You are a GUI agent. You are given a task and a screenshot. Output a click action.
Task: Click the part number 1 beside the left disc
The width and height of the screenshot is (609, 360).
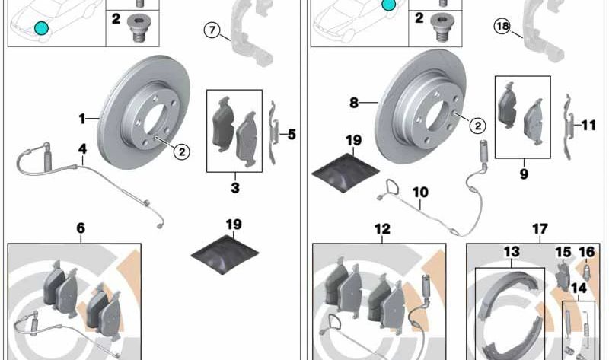click(x=82, y=118)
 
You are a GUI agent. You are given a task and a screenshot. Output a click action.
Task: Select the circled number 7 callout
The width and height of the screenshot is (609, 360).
click(x=212, y=30)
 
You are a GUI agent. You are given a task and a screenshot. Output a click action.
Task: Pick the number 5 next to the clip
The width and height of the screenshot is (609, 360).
click(x=292, y=135)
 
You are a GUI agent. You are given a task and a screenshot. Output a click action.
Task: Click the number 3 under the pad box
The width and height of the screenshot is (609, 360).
click(x=235, y=186)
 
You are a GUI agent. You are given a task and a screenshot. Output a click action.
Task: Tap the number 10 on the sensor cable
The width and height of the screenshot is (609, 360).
click(x=420, y=193)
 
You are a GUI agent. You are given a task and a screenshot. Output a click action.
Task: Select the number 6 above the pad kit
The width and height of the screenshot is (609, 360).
click(x=81, y=228)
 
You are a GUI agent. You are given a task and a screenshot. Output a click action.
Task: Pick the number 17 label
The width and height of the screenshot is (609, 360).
click(x=539, y=228)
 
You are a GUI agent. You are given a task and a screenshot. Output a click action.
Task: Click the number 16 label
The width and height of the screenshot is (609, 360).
click(x=586, y=252)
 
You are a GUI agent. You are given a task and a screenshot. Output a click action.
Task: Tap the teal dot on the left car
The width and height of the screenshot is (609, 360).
click(x=41, y=29)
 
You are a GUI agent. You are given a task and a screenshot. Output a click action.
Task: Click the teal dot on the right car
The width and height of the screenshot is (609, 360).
click(x=389, y=5)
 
